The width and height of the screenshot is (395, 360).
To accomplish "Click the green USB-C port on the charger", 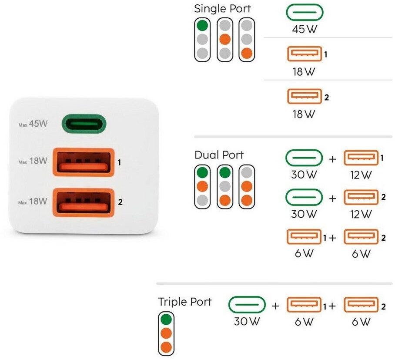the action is click(x=84, y=124).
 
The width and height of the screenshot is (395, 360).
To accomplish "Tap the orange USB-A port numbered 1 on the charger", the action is click(x=84, y=162).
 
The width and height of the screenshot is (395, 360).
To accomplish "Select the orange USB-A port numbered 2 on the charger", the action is click(x=84, y=202).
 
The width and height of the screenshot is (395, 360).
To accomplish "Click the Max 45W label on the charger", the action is click(x=33, y=124).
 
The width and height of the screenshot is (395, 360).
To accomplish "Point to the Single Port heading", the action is click(x=222, y=9).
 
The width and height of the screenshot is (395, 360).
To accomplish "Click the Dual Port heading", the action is click(x=219, y=155).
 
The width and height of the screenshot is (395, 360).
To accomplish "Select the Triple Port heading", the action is click(x=184, y=302).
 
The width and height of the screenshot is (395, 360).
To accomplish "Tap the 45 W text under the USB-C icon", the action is click(x=305, y=29).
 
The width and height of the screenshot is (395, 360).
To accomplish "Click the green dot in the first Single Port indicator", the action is click(x=202, y=25).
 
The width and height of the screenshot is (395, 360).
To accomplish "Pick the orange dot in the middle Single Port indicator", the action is click(x=225, y=39).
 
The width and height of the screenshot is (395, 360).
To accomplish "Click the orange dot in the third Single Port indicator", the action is click(x=247, y=53).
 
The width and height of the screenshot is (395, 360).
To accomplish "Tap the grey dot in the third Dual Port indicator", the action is click(x=247, y=173).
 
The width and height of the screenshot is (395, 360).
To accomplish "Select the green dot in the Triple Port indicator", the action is click(x=166, y=320).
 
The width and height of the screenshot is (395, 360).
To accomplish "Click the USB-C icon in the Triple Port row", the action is click(x=247, y=305).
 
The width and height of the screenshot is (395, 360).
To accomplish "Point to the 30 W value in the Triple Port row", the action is click(x=247, y=321).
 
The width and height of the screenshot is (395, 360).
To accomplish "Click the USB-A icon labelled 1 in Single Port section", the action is click(x=305, y=54).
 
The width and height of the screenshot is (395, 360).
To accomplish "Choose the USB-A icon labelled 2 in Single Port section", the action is click(x=305, y=96).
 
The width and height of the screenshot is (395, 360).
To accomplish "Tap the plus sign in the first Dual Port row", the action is click(x=332, y=159).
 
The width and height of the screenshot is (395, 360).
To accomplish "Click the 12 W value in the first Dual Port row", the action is click(x=361, y=175).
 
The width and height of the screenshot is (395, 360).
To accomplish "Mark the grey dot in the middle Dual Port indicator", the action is click(x=225, y=187).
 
